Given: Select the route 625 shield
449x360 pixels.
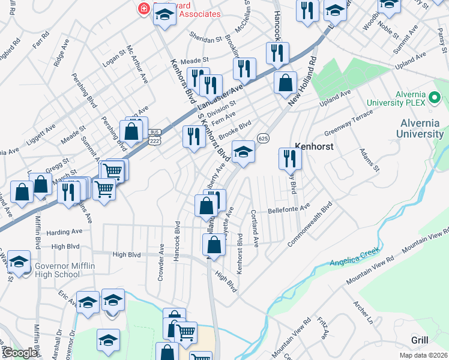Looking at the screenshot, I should pos(263,139).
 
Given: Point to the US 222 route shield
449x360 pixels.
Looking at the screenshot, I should pos(155,139).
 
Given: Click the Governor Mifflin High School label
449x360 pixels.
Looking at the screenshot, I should pos(57,271).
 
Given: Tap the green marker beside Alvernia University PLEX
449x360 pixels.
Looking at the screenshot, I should pos(436,98).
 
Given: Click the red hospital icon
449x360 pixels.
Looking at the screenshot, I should pos(143,8).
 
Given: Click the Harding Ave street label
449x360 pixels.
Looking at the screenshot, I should pos(64,232).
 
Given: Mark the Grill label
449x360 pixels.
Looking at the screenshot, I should pos(420,340).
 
